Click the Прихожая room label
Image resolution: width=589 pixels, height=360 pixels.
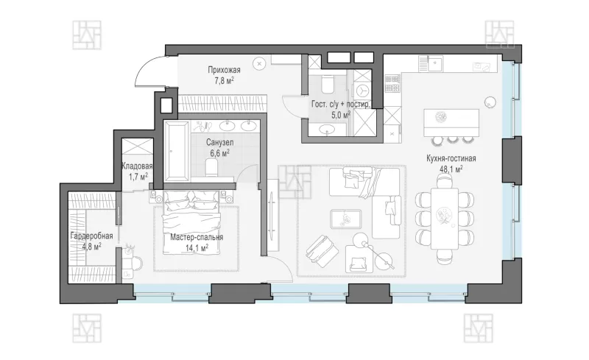pyautogui.click(x=225, y=70)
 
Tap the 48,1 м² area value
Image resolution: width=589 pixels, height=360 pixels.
pyautogui.click(x=451, y=169)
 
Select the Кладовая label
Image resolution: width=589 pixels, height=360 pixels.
pyautogui.click(x=137, y=166)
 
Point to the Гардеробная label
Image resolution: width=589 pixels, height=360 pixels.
pyautogui.click(x=91, y=236)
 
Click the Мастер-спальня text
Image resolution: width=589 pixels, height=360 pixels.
pyautogui.click(x=197, y=237)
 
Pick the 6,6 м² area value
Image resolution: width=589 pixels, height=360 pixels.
pyautogui.click(x=219, y=153)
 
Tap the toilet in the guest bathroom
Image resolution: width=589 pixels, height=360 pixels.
pyautogui.click(x=328, y=83)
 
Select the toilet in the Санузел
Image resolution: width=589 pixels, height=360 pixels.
pyautogui.click(x=212, y=168)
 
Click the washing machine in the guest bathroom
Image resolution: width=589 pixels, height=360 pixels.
pyautogui.click(x=362, y=91)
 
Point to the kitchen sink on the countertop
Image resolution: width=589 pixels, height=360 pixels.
pyautogui.click(x=436, y=64)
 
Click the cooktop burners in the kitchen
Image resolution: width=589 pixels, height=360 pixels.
pyautogui.click(x=392, y=83)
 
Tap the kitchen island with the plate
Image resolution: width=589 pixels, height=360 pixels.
pyautogui.click(x=451, y=123)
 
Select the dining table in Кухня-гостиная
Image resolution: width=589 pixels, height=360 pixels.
pyautogui.click(x=445, y=218)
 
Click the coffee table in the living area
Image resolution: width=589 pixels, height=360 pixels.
pyautogui.click(x=345, y=219)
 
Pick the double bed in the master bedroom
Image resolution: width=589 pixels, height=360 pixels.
pyautogui.click(x=191, y=222)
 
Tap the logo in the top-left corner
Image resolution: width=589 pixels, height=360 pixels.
pyautogui.click(x=87, y=35)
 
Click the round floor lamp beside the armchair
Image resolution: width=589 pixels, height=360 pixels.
pyautogui.click(x=360, y=239)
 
